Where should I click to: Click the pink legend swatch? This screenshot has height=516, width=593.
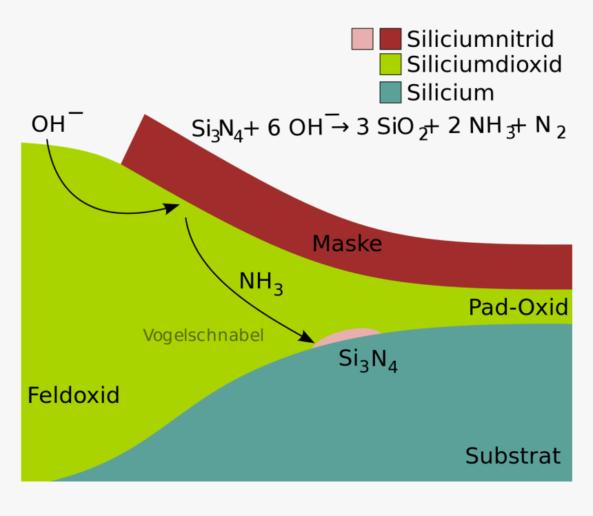362,39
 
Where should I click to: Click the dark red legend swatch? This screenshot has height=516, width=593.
390,39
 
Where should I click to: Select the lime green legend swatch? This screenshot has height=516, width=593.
390,64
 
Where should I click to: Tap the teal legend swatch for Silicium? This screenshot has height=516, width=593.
390,92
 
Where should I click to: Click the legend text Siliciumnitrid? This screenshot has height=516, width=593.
481,39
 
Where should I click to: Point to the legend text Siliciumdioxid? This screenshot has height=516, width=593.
484,64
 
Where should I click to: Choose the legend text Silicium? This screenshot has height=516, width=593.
450,92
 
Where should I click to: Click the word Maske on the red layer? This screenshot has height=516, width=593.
347,244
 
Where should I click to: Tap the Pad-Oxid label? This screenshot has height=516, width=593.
518,307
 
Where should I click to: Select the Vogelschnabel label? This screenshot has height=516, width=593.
203,335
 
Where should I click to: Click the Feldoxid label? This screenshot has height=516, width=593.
73,395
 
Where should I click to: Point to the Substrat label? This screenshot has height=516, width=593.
513,456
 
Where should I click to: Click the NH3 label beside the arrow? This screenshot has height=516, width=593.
261,284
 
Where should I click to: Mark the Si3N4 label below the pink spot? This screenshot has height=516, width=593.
368,361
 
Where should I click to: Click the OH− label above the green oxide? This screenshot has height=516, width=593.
57,122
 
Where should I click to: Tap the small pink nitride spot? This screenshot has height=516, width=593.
346,337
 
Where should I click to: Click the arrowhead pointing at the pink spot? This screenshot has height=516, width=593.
306,337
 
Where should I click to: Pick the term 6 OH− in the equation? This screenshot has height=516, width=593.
303,126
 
